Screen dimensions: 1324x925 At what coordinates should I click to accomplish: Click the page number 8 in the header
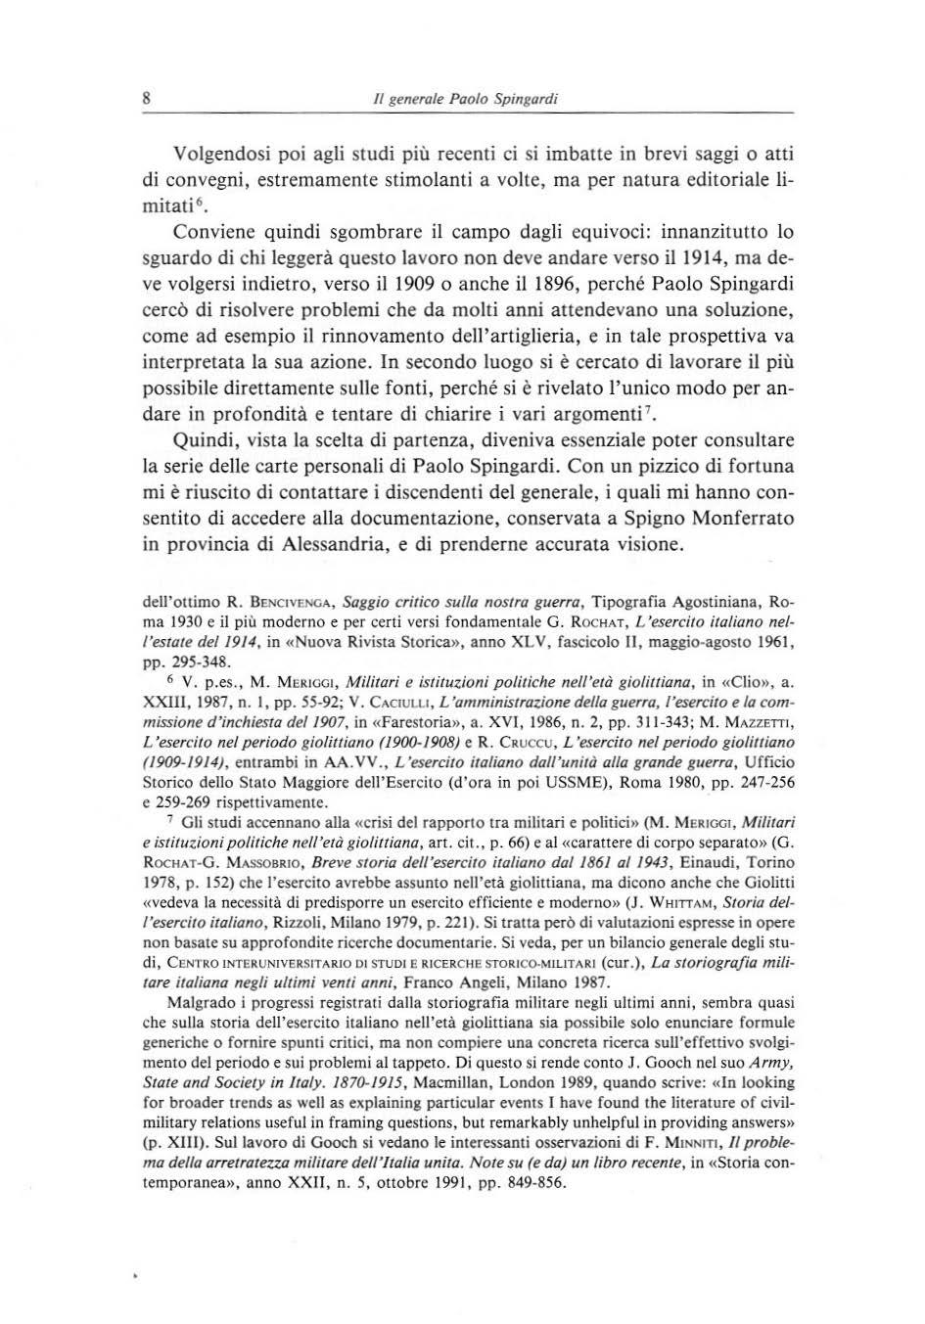(145, 98)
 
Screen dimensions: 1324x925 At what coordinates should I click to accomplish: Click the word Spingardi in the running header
(526, 99)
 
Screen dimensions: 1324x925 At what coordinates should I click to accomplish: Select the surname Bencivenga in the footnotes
(283, 600)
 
